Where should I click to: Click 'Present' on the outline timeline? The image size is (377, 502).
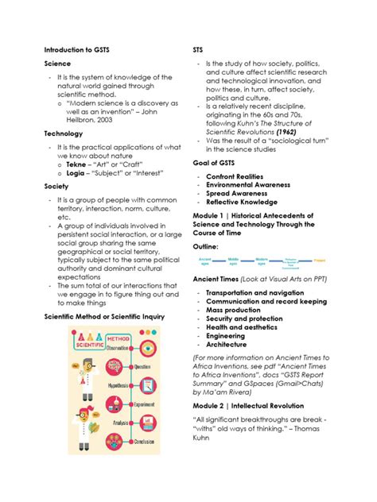[319, 260]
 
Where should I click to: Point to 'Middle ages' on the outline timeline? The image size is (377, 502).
[233, 260]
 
